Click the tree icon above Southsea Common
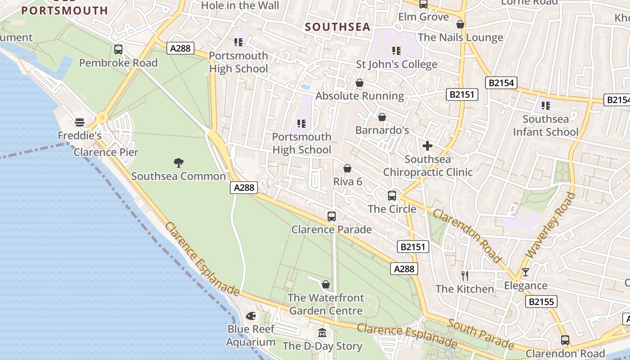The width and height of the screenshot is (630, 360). [x=179, y=162]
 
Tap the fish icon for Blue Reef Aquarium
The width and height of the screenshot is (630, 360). [x=251, y=316]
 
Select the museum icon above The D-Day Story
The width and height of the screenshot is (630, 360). [x=322, y=333]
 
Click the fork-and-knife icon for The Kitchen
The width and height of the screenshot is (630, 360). [x=465, y=275]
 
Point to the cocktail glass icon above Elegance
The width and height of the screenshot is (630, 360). [x=525, y=272]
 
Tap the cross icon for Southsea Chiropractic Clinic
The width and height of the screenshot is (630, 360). [x=427, y=146]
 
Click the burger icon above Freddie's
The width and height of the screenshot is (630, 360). [x=80, y=122]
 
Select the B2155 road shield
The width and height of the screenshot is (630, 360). [x=541, y=301]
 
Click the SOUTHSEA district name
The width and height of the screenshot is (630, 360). [x=338, y=27]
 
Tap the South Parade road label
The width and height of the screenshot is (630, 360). [x=481, y=334]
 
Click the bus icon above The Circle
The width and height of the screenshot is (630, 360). [x=392, y=196]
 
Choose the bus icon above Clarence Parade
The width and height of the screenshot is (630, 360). [x=332, y=216]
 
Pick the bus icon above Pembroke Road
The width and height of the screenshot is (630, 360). [x=118, y=49]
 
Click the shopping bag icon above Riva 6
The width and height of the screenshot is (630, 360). [x=347, y=168]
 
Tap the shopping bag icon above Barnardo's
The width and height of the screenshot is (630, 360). [x=382, y=117]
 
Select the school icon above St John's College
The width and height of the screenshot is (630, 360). [x=396, y=51]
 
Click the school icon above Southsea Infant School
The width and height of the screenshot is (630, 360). [x=546, y=106]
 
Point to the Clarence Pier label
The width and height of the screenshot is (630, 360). [x=106, y=152]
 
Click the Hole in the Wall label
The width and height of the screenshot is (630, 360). [x=240, y=5]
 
